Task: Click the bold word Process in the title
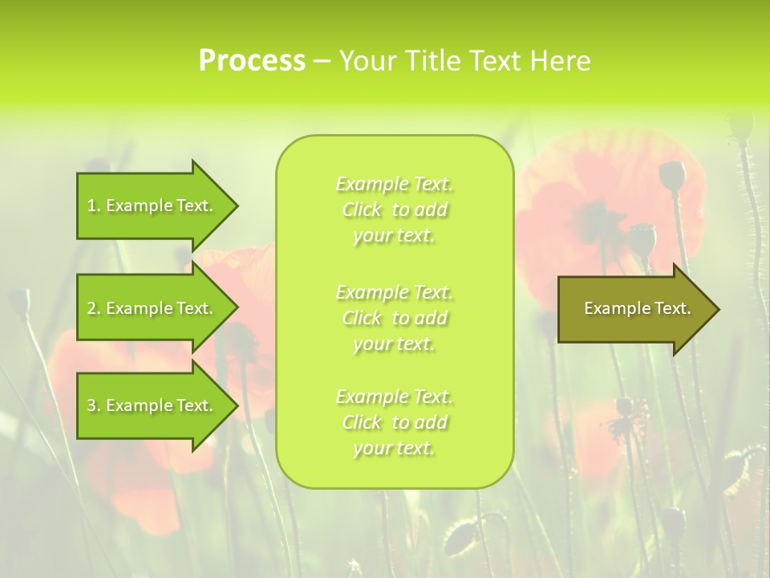252,61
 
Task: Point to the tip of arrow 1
237,206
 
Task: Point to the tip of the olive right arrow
718,309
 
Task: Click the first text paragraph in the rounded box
395,210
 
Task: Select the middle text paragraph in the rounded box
395,318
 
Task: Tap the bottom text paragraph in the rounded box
395,422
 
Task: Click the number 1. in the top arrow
94,206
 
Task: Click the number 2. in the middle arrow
94,308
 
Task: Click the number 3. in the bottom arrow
94,405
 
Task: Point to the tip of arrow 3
237,405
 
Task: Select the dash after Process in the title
322,62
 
